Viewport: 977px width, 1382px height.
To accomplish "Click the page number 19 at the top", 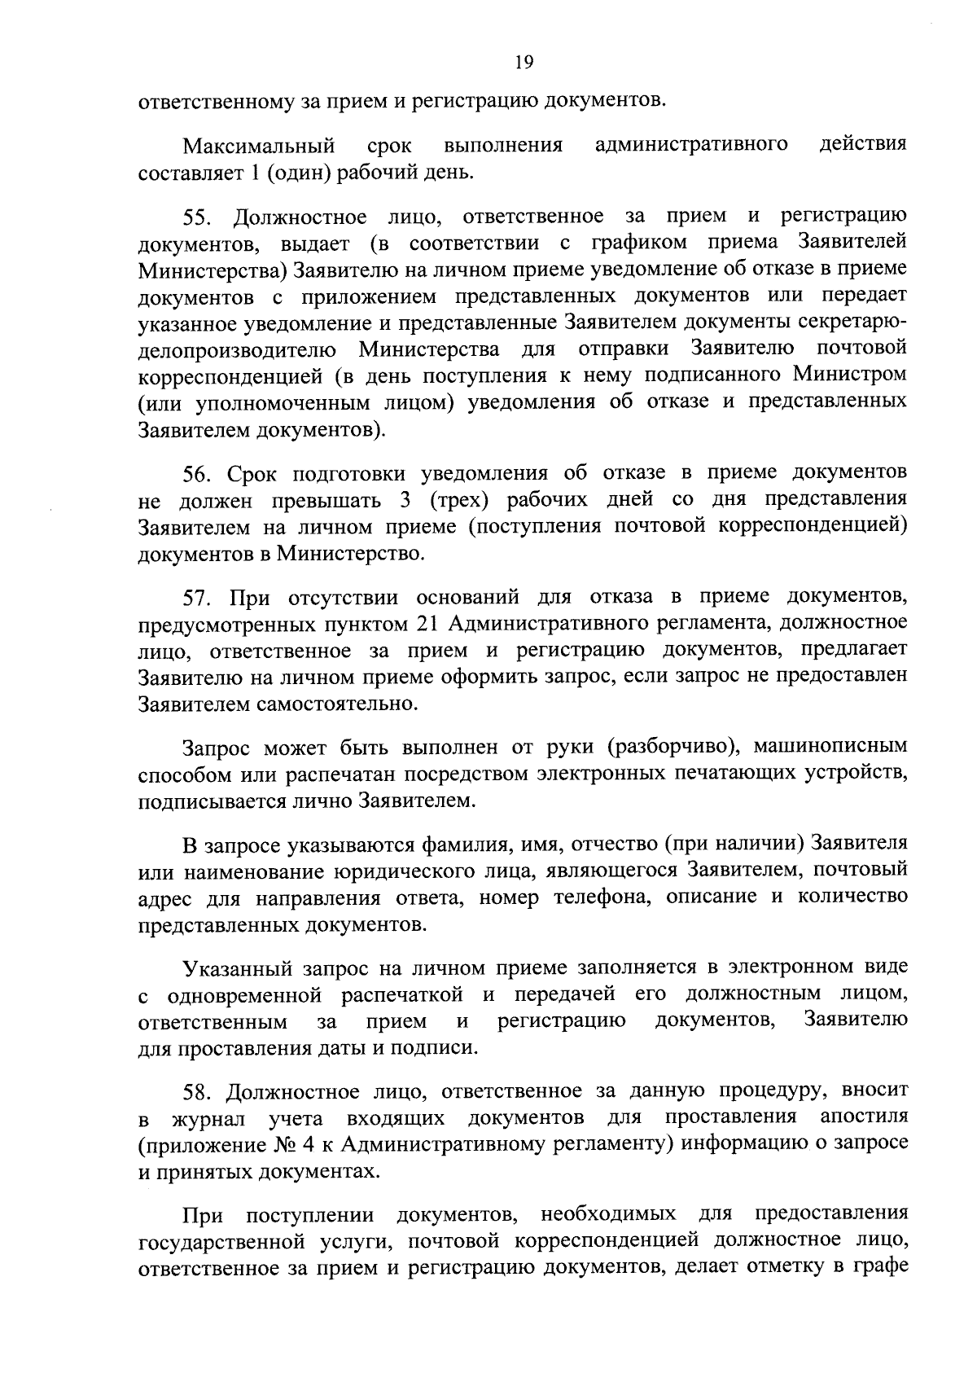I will coord(524,62).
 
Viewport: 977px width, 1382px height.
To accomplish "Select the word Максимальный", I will coord(259,147).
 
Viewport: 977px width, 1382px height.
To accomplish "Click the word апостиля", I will coord(864,1116).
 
